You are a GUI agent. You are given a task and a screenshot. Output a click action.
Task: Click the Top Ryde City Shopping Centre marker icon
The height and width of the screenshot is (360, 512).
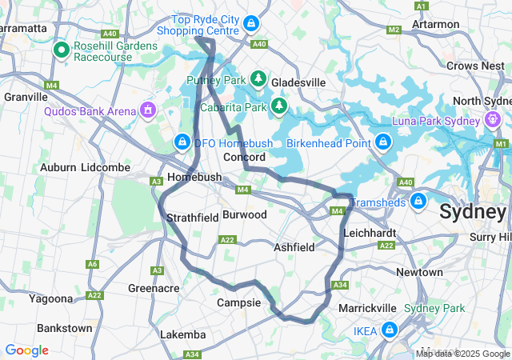(x=252, y=24)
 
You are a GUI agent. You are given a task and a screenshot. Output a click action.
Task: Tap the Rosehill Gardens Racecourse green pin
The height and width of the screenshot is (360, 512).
(x=62, y=50)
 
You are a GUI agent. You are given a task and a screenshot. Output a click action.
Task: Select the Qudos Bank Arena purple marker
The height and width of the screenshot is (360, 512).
(x=147, y=109)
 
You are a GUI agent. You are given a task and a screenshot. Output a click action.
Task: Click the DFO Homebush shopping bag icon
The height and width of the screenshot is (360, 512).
(x=182, y=142)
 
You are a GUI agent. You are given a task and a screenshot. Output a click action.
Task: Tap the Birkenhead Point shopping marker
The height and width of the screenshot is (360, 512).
(x=383, y=142)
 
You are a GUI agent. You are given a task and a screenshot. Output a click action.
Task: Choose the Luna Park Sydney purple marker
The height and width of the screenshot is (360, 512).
(x=493, y=120)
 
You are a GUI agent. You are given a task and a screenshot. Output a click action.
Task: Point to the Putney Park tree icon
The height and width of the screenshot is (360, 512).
(x=258, y=78)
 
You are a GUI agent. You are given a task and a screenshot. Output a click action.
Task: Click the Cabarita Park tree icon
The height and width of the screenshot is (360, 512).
(x=278, y=105)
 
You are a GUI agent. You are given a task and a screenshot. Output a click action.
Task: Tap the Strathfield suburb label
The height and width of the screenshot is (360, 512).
(x=192, y=218)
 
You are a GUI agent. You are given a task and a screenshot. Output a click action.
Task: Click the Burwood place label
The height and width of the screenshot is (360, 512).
(x=244, y=214)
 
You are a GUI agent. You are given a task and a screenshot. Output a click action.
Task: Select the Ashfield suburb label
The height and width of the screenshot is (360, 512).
(x=294, y=247)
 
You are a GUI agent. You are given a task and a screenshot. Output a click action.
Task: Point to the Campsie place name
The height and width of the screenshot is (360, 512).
(x=239, y=303)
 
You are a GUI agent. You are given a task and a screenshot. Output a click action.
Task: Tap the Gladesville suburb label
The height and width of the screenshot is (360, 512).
(x=298, y=82)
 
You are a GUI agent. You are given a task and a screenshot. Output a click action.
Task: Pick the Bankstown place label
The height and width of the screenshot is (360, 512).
(x=64, y=328)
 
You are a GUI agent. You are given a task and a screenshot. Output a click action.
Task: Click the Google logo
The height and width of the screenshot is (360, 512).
(x=26, y=350)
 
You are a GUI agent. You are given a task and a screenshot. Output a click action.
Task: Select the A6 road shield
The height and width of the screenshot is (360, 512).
(x=94, y=264)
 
